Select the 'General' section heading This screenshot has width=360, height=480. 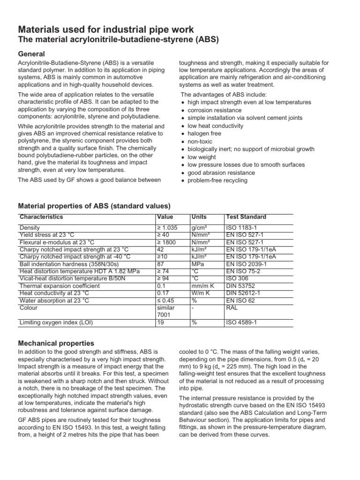click(31, 53)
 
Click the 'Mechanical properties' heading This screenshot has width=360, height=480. click(56, 343)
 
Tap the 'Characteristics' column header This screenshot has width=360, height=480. click(41, 217)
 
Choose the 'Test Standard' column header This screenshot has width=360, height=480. click(246, 217)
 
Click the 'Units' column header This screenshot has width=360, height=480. click(199, 217)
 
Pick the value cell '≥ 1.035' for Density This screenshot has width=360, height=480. click(167, 227)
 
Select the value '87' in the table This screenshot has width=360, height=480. click(160, 264)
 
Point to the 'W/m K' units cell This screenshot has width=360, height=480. click(201, 293)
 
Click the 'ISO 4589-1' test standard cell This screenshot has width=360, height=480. click(241, 322)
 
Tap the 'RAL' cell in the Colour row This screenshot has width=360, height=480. click(232, 308)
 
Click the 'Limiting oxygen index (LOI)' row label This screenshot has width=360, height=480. click(55, 322)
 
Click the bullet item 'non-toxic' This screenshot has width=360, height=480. click(201, 141)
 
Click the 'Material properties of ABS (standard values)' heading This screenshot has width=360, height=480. click(94, 206)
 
